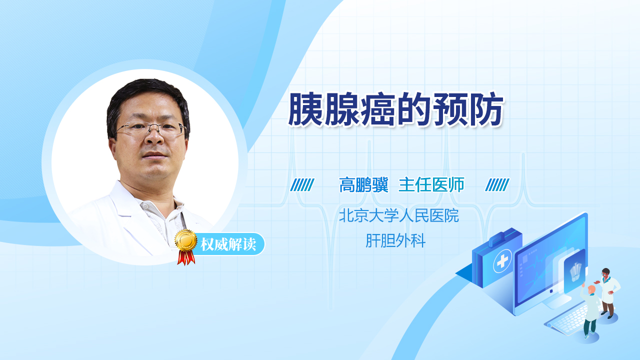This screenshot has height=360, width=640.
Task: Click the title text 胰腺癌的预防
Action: click(395, 109)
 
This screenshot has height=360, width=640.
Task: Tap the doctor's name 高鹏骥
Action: click(363, 185)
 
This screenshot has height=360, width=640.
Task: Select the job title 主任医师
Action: click(431, 185)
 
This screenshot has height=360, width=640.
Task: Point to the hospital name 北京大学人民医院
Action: click(399, 215)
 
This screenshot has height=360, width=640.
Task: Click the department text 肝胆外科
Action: click(395, 240)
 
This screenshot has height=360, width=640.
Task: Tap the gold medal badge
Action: click(186, 240)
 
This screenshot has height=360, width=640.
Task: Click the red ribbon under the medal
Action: click(186, 257)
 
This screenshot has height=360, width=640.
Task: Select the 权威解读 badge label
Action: click(228, 244)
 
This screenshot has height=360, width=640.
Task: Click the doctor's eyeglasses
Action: click(150, 129)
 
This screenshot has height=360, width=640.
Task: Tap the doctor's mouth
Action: click(154, 155)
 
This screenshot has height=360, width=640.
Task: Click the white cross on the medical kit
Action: click(502, 260)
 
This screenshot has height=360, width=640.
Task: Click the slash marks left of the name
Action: click(302, 185)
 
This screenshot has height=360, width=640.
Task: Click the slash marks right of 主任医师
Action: click(497, 185)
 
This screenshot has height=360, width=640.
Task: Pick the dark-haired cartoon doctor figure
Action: click(608, 293)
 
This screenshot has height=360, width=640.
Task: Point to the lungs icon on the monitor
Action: click(575, 271)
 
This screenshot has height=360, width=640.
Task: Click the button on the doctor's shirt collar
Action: click(146, 206)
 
